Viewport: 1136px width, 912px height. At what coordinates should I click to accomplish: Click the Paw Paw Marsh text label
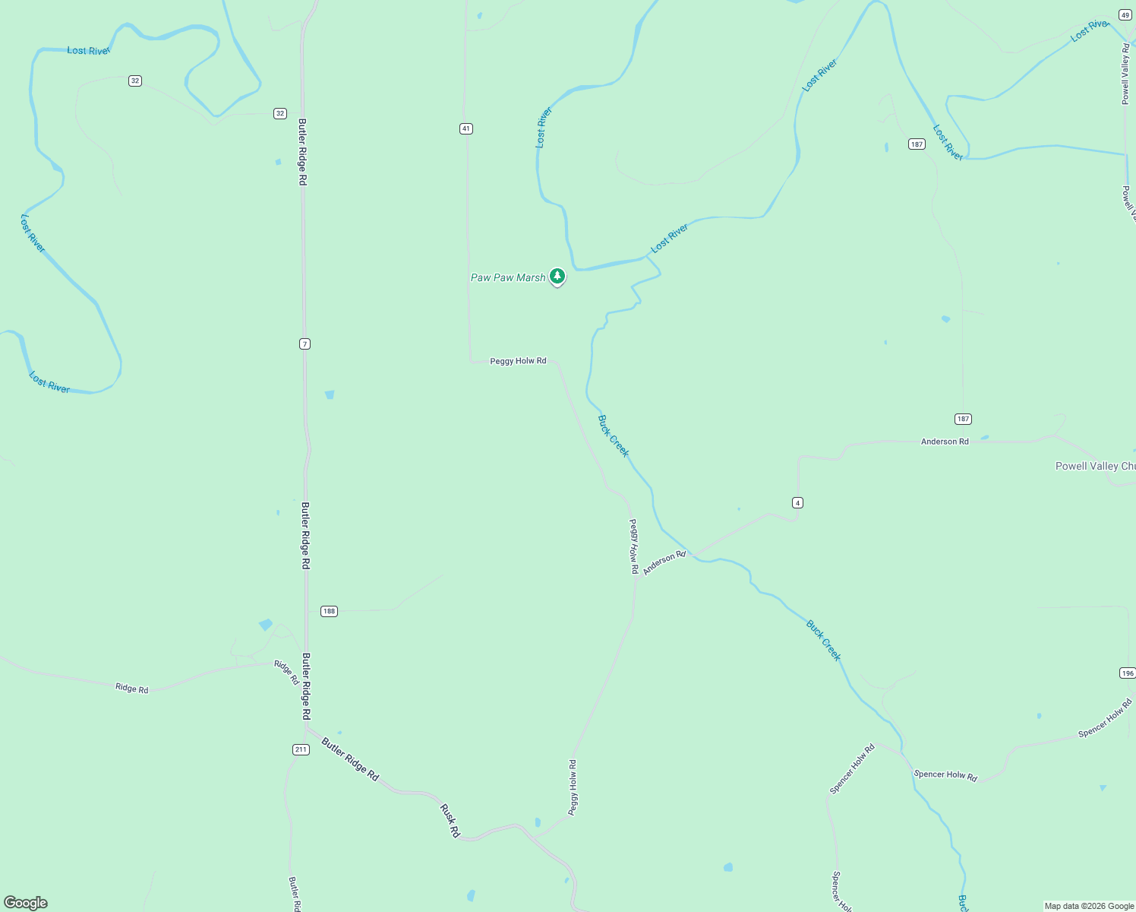(x=507, y=278)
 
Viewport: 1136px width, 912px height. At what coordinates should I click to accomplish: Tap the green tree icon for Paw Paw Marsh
(x=557, y=277)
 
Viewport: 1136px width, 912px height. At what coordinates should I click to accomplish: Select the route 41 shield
(x=466, y=128)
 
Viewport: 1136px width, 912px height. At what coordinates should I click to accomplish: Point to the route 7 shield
(x=305, y=344)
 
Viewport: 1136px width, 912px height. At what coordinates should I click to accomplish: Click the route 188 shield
(x=328, y=611)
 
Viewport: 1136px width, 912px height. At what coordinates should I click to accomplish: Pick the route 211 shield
(x=301, y=749)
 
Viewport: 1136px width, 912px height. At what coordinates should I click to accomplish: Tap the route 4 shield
(x=797, y=502)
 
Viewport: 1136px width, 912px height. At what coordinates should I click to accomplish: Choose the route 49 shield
(x=1125, y=14)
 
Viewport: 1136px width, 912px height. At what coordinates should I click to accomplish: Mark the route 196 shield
(x=1127, y=673)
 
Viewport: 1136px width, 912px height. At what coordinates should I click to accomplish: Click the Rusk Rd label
(x=450, y=821)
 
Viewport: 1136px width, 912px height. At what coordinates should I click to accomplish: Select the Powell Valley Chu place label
(x=1095, y=467)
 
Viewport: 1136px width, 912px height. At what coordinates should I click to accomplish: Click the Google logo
(x=26, y=903)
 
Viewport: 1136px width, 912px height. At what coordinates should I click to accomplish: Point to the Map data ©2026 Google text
(x=1089, y=906)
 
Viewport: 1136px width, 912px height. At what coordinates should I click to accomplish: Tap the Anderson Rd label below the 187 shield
(x=945, y=442)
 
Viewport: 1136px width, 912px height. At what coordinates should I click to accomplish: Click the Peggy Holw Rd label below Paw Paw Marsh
(x=518, y=361)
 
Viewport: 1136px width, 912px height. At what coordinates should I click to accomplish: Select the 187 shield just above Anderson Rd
(x=963, y=419)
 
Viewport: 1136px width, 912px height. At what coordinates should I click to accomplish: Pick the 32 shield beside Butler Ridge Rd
(x=280, y=113)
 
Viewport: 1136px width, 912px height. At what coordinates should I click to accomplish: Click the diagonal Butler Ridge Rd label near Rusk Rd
(x=350, y=758)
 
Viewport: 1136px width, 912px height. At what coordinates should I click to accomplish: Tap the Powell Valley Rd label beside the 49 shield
(x=1126, y=74)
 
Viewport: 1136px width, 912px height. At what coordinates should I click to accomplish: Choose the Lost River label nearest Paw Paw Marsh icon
(x=669, y=239)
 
